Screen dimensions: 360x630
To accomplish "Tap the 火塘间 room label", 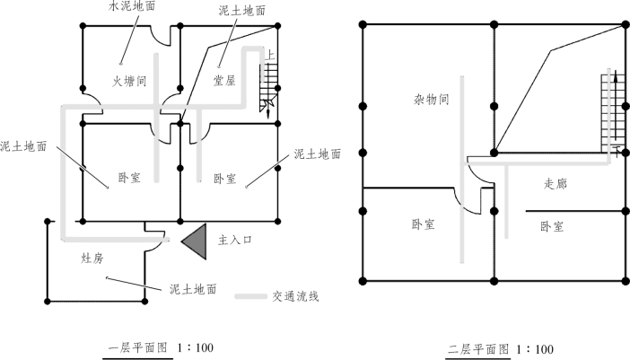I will tap(129, 81).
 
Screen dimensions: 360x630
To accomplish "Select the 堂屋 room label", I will tap(223, 81).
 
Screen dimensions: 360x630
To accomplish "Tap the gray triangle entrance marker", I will tap(197, 241).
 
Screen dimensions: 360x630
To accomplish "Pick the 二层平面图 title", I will tap(477, 348).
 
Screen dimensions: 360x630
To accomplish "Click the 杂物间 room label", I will tap(430, 99).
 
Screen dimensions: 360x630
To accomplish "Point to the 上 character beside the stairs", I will tap(270, 54).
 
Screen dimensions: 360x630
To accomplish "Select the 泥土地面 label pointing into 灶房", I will tap(192, 290).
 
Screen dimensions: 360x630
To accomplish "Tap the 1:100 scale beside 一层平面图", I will tap(195, 347).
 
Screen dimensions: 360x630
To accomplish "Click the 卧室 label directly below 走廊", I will tap(552, 226).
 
